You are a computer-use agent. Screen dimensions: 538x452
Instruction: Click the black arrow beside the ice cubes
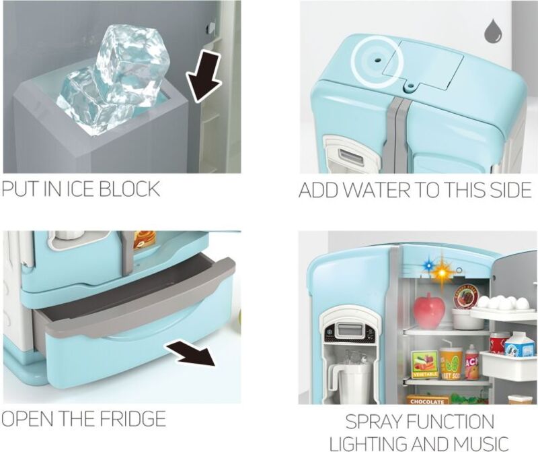click(203, 76)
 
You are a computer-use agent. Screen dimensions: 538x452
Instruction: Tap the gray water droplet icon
click(494, 32)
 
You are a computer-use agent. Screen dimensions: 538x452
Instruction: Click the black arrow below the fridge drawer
click(192, 355)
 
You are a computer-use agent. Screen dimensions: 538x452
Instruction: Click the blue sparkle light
click(428, 265)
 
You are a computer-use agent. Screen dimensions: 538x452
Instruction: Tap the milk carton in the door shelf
click(519, 344)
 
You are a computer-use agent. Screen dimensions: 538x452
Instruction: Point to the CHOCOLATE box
click(428, 399)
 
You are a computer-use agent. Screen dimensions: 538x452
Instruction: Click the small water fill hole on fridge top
click(378, 60)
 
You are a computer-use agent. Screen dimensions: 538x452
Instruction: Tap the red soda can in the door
click(498, 343)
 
